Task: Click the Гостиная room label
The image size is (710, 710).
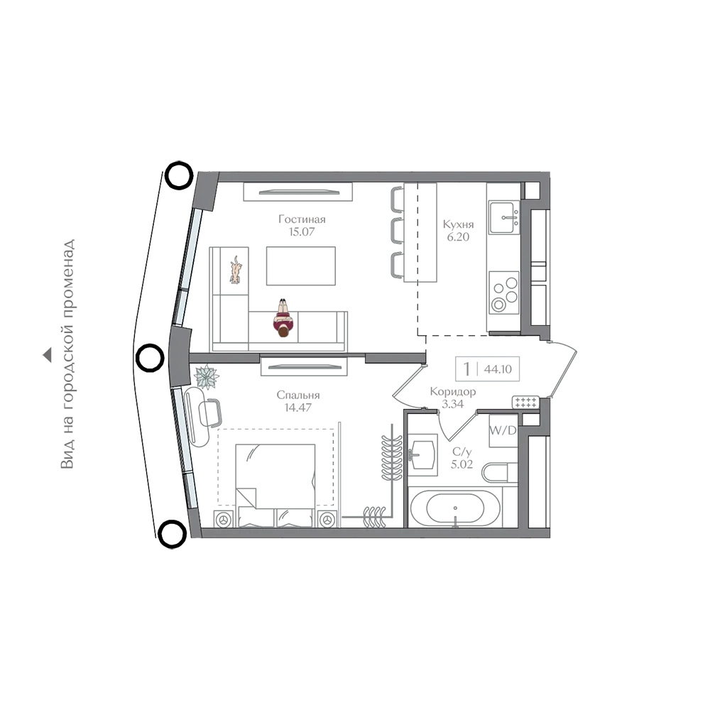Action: coord(302,219)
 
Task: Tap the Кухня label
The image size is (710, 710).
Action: coord(458,224)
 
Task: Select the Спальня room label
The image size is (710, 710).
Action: coord(298,395)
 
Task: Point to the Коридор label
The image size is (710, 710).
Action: coord(453,391)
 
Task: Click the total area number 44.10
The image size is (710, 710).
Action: coord(498,369)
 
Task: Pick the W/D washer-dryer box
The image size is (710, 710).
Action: coord(503,431)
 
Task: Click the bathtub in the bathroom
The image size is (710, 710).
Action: coord(455,508)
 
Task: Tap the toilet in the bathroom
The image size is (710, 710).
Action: coord(499,472)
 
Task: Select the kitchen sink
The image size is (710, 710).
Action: coord(504,217)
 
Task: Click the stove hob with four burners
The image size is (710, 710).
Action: coord(504,292)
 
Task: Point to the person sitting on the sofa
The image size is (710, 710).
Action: coord(283,319)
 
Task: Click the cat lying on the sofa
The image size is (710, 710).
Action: coord(236,270)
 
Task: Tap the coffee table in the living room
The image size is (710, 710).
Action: coord(300,266)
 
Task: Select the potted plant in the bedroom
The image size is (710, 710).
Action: coord(207,377)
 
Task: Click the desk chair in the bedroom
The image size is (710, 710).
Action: coord(211,413)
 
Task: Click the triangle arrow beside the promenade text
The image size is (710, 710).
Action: coord(47,355)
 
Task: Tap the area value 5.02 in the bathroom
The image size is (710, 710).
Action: coord(462,464)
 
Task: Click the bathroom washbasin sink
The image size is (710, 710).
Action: coord(422,454)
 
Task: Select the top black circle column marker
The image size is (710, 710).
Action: coord(180,175)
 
